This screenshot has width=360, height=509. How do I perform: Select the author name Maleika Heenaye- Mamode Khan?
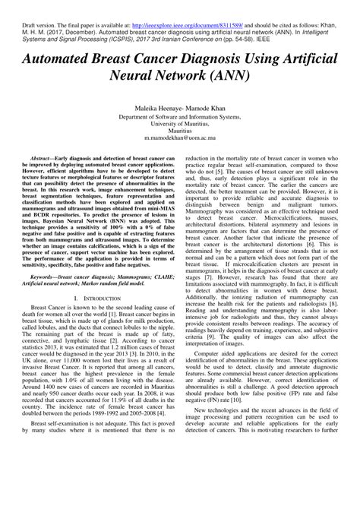click(x=180, y=109)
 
